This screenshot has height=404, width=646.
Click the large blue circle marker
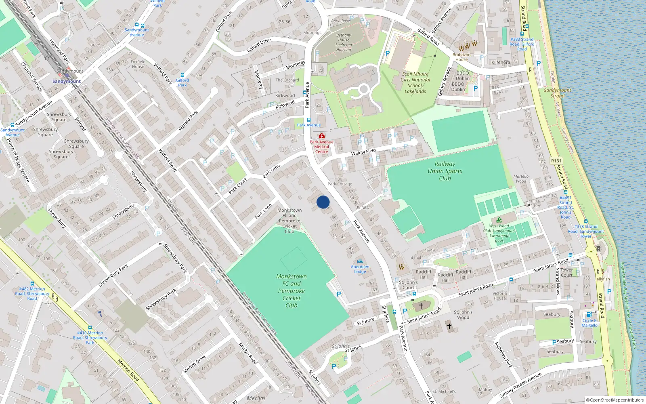[x=323, y=202]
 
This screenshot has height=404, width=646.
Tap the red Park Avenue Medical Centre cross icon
[x=321, y=136]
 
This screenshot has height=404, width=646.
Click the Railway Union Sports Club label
[x=445, y=171]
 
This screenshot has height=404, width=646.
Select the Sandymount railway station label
[x=67, y=81]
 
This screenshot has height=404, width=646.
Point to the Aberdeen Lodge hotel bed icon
[x=360, y=261]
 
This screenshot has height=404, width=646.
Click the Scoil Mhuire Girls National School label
[x=415, y=82]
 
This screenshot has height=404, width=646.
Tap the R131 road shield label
[x=556, y=161]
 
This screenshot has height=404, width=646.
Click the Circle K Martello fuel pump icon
[x=589, y=314]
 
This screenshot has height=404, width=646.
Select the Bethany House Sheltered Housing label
[x=344, y=42]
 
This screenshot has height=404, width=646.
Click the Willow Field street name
[x=363, y=152]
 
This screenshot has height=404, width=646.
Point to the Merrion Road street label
[x=128, y=370]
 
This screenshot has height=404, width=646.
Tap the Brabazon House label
[x=461, y=57]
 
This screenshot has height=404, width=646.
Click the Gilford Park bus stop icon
[x=182, y=75]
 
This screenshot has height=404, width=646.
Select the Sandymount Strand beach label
[x=557, y=93]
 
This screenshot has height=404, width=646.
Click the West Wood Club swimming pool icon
[x=499, y=220]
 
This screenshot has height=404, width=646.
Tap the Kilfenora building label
[x=501, y=62]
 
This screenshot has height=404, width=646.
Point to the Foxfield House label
[x=138, y=64]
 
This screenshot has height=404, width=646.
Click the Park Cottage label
[x=340, y=184]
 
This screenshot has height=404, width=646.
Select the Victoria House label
[x=499, y=296]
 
